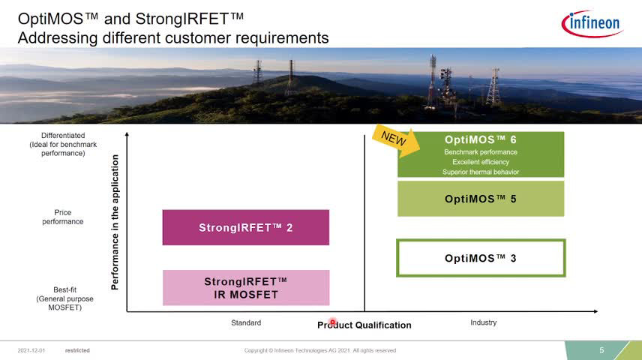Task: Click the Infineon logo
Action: pyautogui.click(x=592, y=24)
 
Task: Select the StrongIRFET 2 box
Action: pyautogui.click(x=246, y=227)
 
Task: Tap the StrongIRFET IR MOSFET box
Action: pyautogui.click(x=246, y=287)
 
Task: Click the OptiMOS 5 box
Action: pyautogui.click(x=481, y=199)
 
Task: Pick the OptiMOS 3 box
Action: pyautogui.click(x=481, y=258)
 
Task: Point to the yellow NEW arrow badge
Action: pyautogui.click(x=395, y=141)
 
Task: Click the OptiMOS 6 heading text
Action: pyautogui.click(x=481, y=139)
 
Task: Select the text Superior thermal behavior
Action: pyautogui.click(x=481, y=172)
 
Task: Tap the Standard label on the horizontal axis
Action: pyautogui.click(x=246, y=322)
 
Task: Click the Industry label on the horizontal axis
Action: pyautogui.click(x=484, y=322)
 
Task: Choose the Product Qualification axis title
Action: pyautogui.click(x=364, y=325)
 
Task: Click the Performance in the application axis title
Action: pyautogui.click(x=115, y=222)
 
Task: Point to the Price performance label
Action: pyautogui.click(x=63, y=217)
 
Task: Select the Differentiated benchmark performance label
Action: pyautogui.click(x=63, y=144)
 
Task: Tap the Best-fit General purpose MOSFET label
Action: pyautogui.click(x=64, y=298)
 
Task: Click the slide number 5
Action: pyautogui.click(x=601, y=350)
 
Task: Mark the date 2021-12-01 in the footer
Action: pyautogui.click(x=31, y=350)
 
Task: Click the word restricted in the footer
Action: pyautogui.click(x=77, y=350)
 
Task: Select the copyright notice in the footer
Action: pyautogui.click(x=320, y=350)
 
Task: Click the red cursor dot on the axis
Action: pyautogui.click(x=332, y=322)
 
